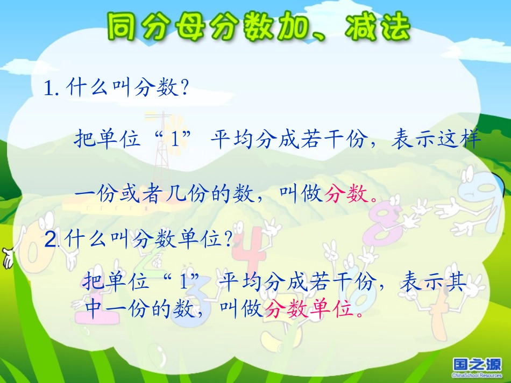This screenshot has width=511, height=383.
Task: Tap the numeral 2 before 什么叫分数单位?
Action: click(x=50, y=240)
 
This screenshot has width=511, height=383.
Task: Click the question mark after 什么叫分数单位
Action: click(x=228, y=240)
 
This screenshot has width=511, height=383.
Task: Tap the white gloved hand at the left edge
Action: click(x=7, y=258)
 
